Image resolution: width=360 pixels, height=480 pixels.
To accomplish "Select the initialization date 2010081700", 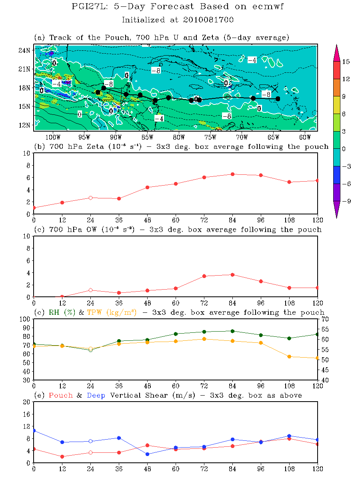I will tap(210, 20).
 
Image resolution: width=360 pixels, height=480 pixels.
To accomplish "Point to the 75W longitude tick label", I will tap(210, 137).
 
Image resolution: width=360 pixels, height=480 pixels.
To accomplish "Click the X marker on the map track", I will tap(274, 89).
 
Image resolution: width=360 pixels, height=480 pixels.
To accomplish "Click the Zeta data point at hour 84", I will tap(232, 174).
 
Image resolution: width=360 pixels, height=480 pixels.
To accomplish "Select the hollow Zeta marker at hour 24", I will tap(91, 198).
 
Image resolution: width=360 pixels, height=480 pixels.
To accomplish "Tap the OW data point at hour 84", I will tap(232, 274).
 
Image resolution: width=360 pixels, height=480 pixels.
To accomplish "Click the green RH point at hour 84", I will tap(232, 331).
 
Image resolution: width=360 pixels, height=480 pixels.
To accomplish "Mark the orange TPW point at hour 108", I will tap(289, 356).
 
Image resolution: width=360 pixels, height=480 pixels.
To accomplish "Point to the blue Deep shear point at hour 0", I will tap(34, 430).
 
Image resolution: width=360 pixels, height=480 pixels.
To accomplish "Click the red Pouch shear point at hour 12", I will tap(62, 456).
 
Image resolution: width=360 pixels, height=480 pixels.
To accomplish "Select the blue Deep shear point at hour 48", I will tap(148, 454).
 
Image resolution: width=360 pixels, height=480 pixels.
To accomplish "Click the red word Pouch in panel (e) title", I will tap(60, 395).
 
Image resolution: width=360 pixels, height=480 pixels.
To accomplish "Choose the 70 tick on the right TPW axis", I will tap(324, 319).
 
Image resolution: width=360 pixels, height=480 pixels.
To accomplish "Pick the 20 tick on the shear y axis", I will tap(26, 402).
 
